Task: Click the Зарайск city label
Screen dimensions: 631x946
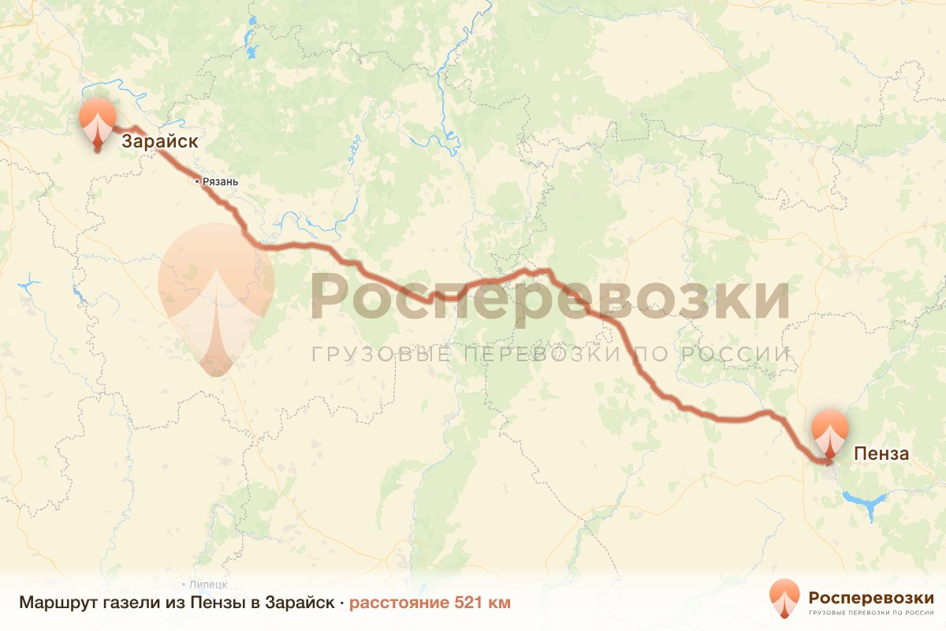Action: click(x=158, y=142)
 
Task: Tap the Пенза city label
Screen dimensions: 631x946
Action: click(x=882, y=454)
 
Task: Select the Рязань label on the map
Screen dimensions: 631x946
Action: click(x=220, y=181)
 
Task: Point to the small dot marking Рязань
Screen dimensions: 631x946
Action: click(x=197, y=181)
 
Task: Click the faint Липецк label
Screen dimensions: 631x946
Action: click(x=209, y=584)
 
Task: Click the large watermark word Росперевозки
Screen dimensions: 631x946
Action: click(x=549, y=297)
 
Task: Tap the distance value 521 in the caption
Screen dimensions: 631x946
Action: click(x=470, y=603)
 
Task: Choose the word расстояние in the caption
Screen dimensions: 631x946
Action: click(x=399, y=603)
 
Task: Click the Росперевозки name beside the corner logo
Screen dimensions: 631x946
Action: click(x=870, y=596)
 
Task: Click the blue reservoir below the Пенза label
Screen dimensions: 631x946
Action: click(x=866, y=500)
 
